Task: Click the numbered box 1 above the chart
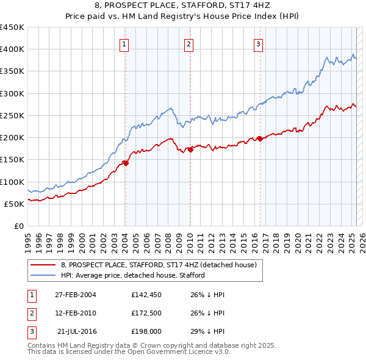click(124, 44)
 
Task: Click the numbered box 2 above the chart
click(189, 44)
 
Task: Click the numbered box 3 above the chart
click(259, 44)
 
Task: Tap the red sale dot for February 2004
click(126, 163)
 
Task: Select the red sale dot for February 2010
click(190, 149)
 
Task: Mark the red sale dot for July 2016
click(260, 139)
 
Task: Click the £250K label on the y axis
click(12, 115)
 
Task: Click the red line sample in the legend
click(43, 265)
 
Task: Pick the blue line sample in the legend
click(43, 275)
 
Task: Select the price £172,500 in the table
click(146, 314)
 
